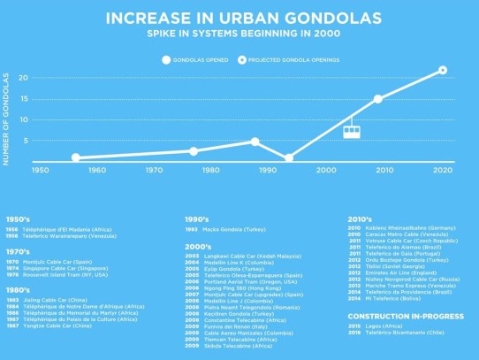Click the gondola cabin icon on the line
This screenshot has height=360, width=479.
pos(351,131)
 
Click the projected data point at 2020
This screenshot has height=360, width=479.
pos(442,70)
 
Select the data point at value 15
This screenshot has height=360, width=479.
pos(378,99)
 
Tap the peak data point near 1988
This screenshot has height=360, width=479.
pos(255,142)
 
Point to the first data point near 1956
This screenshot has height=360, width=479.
pos(76,157)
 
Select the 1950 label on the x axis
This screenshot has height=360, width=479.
pos(40,170)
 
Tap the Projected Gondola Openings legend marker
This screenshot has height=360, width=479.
pos(241,60)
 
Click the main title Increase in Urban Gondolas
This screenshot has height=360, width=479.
pos(239,18)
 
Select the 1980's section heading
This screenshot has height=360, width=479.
pos(19,290)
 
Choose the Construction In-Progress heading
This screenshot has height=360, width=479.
pos(392,316)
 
